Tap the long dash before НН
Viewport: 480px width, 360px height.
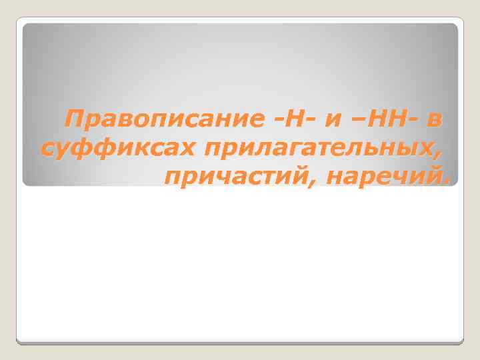[x=353, y=121]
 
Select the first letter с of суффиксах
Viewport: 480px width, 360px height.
[x=47, y=149]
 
